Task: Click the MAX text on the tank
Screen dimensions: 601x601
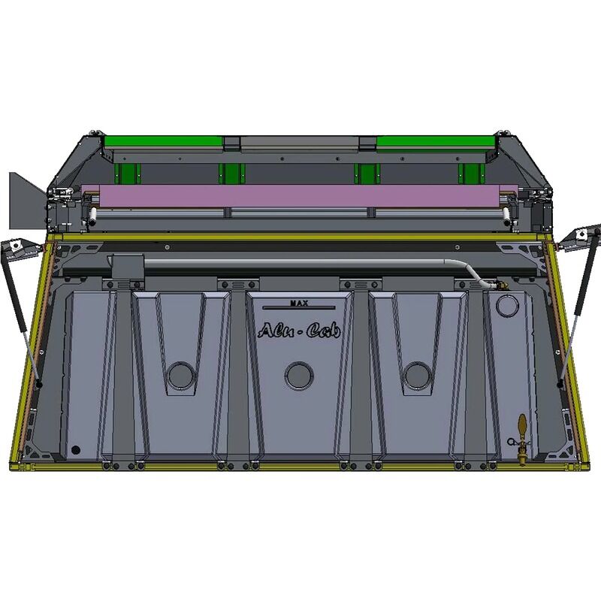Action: click(299, 304)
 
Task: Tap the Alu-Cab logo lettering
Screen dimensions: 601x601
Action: click(299, 331)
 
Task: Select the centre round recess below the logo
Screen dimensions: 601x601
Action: click(299, 376)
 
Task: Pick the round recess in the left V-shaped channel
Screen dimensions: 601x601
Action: click(181, 376)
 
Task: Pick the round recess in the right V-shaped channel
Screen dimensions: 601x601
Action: click(418, 376)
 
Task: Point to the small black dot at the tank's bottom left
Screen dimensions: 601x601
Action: click(76, 449)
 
